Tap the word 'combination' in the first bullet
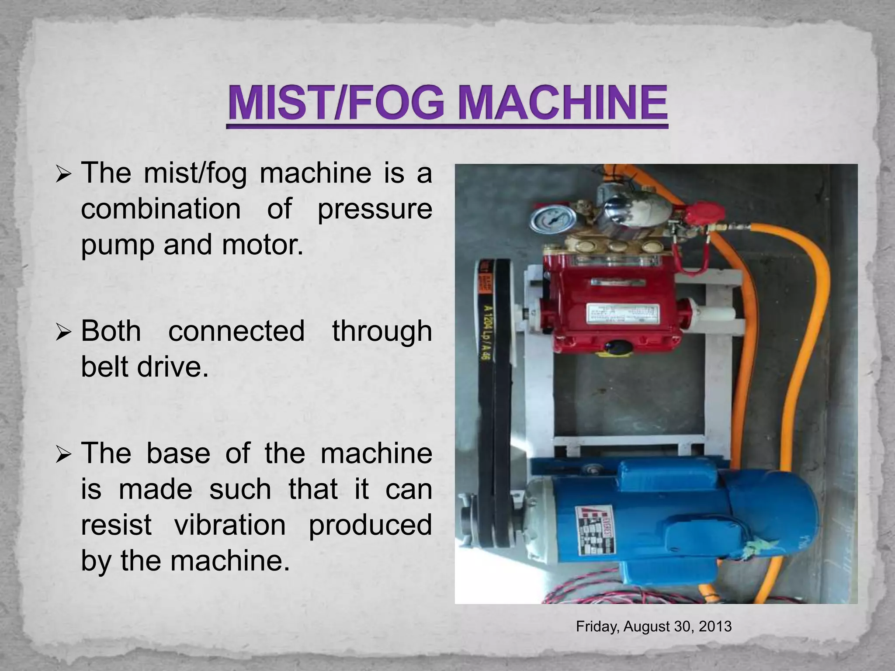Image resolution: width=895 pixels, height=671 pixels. [160, 209]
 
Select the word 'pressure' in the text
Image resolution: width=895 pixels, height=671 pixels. [375, 210]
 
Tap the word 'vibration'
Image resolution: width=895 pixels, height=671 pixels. [230, 525]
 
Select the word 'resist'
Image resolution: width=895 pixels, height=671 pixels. [116, 525]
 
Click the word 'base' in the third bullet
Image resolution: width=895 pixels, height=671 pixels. [178, 453]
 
